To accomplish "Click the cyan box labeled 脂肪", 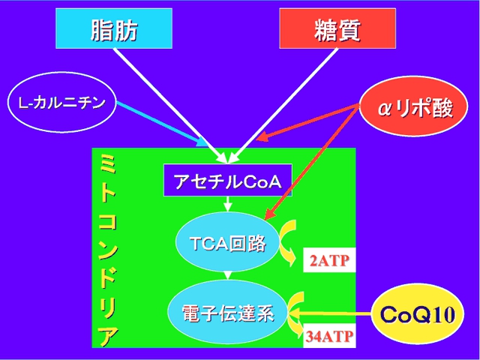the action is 114,28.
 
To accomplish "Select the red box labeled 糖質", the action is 337,28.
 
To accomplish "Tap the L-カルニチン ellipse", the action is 61,102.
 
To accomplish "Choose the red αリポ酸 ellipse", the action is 413,106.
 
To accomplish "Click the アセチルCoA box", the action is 228,180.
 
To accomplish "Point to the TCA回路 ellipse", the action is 228,241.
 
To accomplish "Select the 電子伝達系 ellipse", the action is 228,313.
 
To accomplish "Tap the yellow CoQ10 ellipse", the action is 418,313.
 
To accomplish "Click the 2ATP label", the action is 329,260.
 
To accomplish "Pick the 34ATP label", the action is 329,335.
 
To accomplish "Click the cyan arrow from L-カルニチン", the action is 162,124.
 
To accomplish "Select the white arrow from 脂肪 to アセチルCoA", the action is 170,105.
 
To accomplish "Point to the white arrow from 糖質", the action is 283,105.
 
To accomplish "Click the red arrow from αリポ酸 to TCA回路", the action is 312,162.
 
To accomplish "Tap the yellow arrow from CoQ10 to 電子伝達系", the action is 331,314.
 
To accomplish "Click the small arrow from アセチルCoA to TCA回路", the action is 227,204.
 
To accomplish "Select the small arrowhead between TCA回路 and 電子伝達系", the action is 227,275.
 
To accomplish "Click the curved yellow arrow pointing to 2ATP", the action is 289,241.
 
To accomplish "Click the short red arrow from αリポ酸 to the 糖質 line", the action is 307,121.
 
